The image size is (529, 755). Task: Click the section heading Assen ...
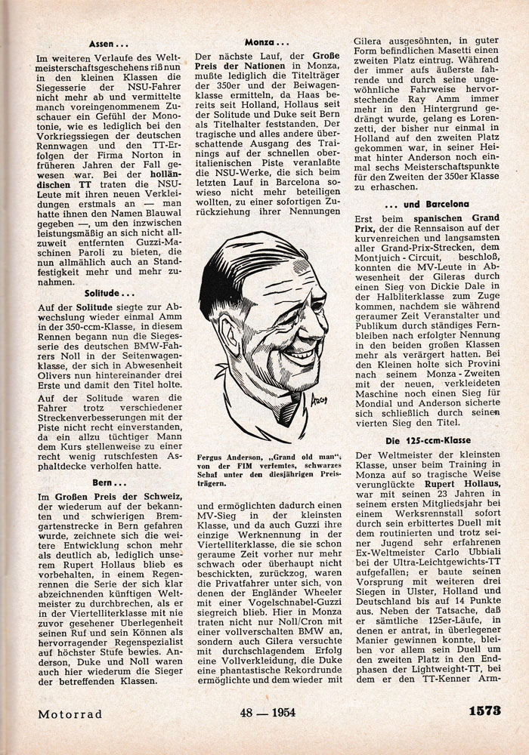(108, 44)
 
